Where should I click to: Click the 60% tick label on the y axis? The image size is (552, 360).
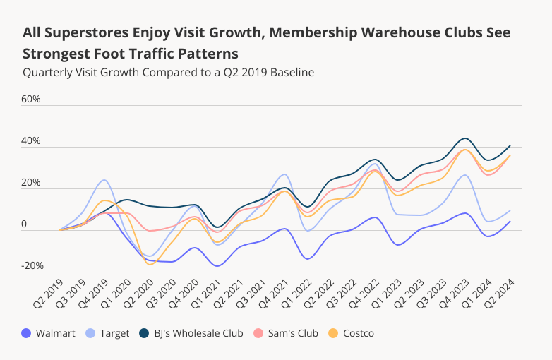click(x=31, y=99)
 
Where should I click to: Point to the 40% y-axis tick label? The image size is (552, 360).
click(x=31, y=141)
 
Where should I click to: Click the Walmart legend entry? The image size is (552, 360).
click(x=49, y=333)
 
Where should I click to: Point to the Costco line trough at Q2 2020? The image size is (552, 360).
click(x=149, y=264)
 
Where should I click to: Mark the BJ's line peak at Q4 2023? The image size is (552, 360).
click(x=464, y=138)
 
